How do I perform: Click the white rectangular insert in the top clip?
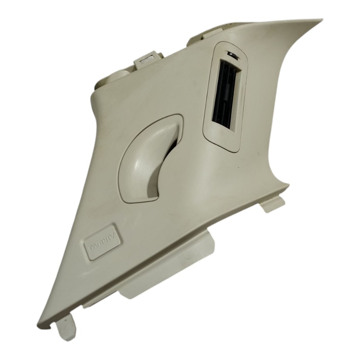point(147,60)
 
